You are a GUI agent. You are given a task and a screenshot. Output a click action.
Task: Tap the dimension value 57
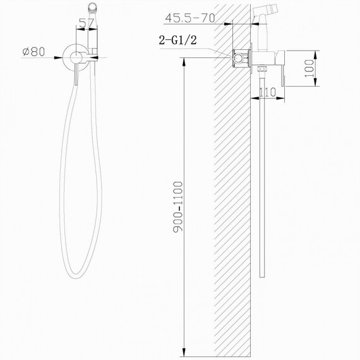pyautogui.click(x=88, y=25)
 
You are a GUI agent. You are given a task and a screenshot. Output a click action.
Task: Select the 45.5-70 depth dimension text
pyautogui.click(x=193, y=17)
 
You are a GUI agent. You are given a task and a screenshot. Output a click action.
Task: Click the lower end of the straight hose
pyautogui.click(x=262, y=274)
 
